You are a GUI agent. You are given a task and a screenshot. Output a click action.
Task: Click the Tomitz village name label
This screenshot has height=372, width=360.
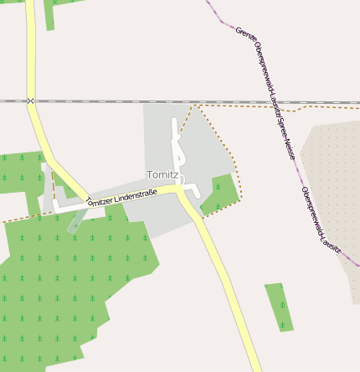point(162,174)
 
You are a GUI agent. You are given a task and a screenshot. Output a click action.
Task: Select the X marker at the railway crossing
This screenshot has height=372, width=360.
point(30,101)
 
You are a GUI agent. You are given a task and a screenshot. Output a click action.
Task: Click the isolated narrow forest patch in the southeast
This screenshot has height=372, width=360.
point(280,307)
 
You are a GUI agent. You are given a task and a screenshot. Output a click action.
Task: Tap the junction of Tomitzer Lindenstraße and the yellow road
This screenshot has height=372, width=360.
point(180,192)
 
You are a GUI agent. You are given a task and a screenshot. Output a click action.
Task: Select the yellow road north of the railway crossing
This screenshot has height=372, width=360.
point(30,50)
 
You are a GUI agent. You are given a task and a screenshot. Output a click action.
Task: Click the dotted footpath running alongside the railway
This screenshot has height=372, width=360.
point(251,106)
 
